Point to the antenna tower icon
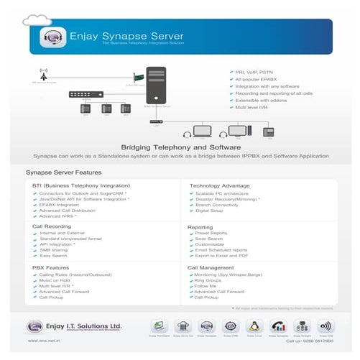point(45,75)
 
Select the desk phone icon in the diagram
point(270,131)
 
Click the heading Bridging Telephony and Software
point(180,146)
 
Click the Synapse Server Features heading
point(63,173)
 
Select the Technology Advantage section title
point(220,185)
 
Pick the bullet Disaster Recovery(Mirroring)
point(228,199)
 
